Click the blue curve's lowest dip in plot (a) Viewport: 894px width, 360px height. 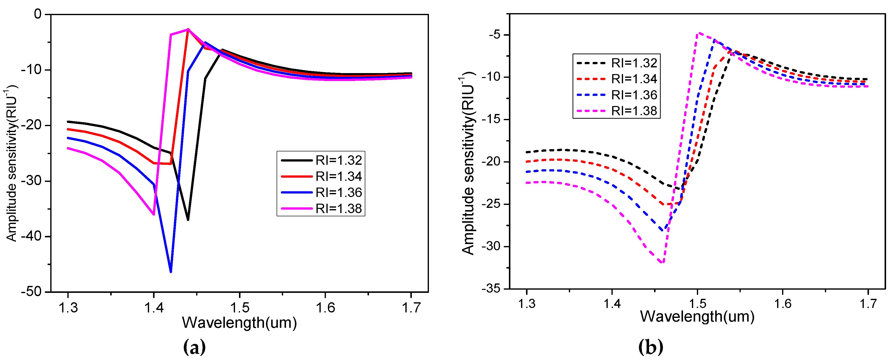[171, 272]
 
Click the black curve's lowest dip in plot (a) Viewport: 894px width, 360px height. [188, 220]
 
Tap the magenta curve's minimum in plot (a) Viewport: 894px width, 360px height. [154, 214]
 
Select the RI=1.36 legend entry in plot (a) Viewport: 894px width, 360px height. [321, 192]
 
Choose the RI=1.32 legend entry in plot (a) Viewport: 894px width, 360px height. [321, 160]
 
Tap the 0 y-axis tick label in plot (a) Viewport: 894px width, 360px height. [37, 14]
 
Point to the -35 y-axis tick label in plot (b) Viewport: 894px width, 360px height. [491, 288]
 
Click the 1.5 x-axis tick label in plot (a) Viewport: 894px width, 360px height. [239, 307]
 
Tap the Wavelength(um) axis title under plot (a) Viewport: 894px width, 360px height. [239, 323]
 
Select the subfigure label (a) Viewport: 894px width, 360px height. [194, 347]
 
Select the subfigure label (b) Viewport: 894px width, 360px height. [650, 347]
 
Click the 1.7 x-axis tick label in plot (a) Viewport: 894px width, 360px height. [411, 307]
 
